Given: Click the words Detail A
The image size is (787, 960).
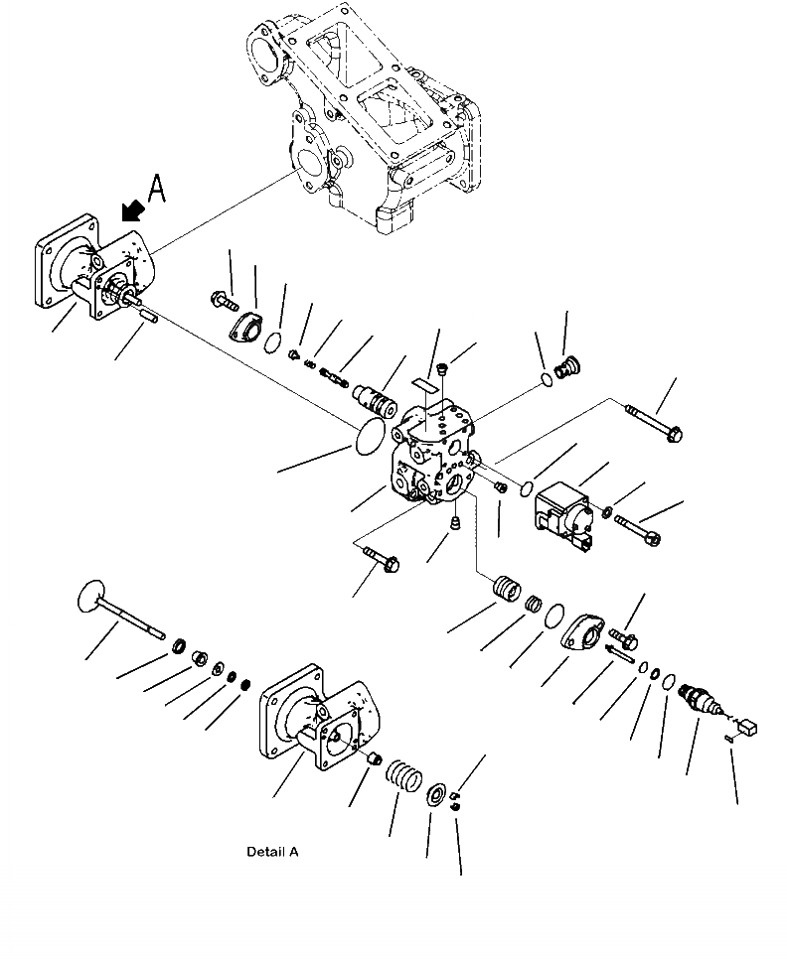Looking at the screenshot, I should [271, 852].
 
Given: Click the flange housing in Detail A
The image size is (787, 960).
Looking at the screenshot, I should [323, 729].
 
